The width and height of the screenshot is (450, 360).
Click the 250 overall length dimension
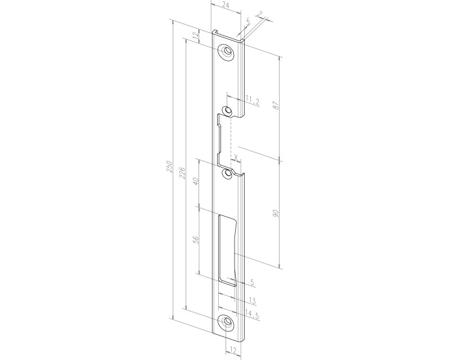(x=169, y=166)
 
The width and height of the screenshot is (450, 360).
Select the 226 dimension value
(x=182, y=172)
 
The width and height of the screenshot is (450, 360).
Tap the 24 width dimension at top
(x=226, y=5)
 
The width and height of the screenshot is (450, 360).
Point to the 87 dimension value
(x=276, y=105)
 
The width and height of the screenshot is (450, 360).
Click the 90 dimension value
(x=276, y=213)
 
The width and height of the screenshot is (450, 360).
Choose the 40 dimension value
(x=196, y=182)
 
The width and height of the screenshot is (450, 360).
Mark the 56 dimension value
(x=196, y=240)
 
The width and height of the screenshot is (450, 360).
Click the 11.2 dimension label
(x=253, y=101)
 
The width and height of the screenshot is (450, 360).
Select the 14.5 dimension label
(x=252, y=315)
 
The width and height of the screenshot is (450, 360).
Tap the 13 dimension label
(x=252, y=300)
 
